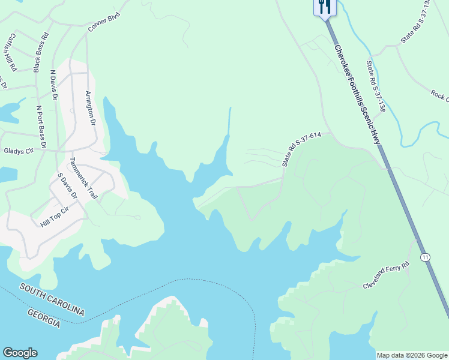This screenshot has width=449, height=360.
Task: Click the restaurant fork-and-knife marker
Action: pos(325,7)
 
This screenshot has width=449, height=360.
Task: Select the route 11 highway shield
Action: pos(425,257)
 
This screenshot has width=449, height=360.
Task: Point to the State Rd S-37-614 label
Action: pos(303,149)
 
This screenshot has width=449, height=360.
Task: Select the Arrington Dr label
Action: pos(90,108)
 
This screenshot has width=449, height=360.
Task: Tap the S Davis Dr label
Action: pos(67,186)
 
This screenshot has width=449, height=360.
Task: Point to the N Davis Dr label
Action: pos(53,86)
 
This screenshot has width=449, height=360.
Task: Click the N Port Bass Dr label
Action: pos(40,127)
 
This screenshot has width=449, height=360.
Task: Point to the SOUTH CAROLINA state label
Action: pos(52,299)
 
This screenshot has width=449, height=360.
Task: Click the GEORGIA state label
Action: pos(44,318)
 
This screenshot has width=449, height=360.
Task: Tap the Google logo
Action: pos(20,353)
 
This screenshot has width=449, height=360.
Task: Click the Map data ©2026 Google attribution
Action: pos(412,355)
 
